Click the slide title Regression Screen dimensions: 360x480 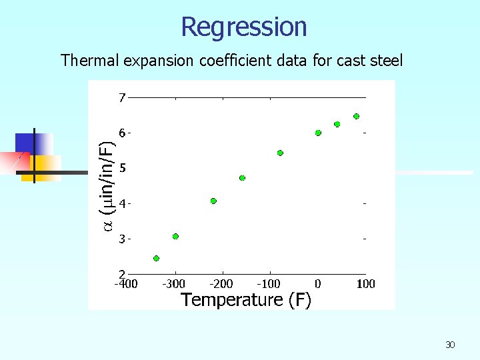pyautogui.click(x=244, y=27)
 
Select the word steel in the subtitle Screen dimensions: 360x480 pyautogui.click(x=385, y=61)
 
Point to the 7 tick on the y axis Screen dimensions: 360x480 pyautogui.click(x=122, y=98)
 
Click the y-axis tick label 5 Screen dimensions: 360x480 pyautogui.click(x=122, y=168)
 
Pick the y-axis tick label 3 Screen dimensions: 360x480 pyautogui.click(x=122, y=239)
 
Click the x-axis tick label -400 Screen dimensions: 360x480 pyautogui.click(x=125, y=284)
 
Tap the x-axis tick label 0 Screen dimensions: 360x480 pyautogui.click(x=318, y=284)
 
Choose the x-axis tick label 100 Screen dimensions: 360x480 pyautogui.click(x=365, y=284)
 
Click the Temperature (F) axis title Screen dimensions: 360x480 pyautogui.click(x=246, y=300)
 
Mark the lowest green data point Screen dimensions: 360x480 pyautogui.click(x=156, y=258)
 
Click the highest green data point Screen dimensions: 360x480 pyautogui.click(x=356, y=116)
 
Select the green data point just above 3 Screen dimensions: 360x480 pyautogui.click(x=175, y=236)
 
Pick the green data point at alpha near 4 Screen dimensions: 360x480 pyautogui.click(x=213, y=201)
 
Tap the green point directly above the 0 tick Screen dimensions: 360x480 pyautogui.click(x=318, y=133)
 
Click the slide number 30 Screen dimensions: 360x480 pyautogui.click(x=450, y=345)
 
